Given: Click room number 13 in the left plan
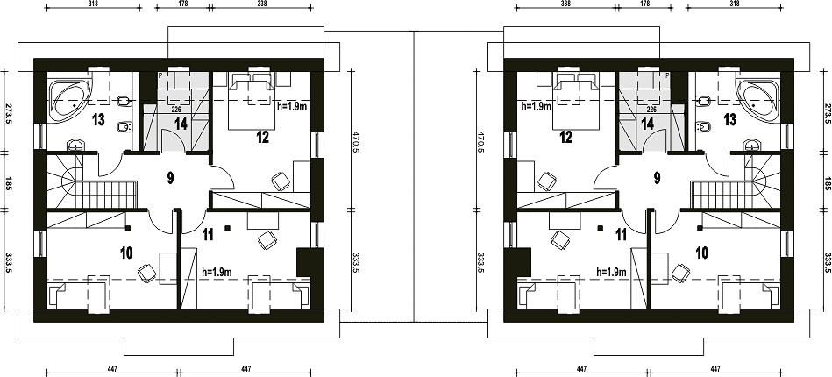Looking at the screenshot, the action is click(97, 119).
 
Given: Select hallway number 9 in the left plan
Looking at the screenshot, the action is click(170, 178).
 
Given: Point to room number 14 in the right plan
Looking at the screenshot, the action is click(647, 124).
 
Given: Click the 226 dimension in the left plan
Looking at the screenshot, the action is click(177, 110).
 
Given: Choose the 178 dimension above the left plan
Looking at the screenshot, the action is click(181, 4).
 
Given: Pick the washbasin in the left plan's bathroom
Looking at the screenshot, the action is click(77, 145).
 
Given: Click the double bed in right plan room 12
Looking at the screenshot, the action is click(576, 101).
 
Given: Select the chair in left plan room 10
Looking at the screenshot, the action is click(147, 273).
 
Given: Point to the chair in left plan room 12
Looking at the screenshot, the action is click(281, 181).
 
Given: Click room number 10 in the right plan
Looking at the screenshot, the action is click(701, 253).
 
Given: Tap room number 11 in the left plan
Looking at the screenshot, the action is click(208, 234).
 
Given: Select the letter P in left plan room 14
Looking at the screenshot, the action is click(160, 76).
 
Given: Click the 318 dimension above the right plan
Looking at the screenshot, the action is click(735, 4).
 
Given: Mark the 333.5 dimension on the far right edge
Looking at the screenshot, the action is click(828, 263).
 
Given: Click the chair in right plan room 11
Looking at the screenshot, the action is click(560, 240).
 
